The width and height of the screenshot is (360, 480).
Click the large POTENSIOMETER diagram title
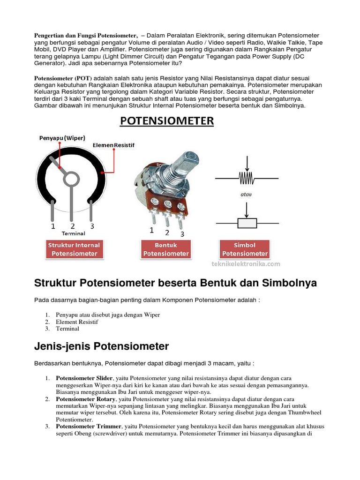click(x=166, y=121)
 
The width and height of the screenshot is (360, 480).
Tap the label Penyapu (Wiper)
click(x=61, y=138)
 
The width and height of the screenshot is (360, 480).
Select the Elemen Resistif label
click(x=113, y=146)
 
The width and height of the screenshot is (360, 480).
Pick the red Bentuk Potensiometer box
click(x=166, y=249)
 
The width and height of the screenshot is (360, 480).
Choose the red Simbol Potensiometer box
click(x=245, y=249)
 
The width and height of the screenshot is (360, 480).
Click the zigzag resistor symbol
click(x=246, y=178)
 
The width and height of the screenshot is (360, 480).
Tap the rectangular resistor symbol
click(x=247, y=223)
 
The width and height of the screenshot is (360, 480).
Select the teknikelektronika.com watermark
click(x=245, y=264)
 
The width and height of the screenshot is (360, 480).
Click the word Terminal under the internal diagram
click(x=74, y=233)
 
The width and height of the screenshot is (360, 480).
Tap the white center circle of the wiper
click(x=71, y=178)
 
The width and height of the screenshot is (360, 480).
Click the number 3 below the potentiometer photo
click(x=182, y=234)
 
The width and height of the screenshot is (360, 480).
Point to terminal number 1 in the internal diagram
click(x=53, y=226)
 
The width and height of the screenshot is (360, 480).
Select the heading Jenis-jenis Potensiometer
click(x=102, y=346)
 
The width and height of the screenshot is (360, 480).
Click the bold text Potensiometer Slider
click(x=84, y=378)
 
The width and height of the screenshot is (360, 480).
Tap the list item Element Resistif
click(x=77, y=322)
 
